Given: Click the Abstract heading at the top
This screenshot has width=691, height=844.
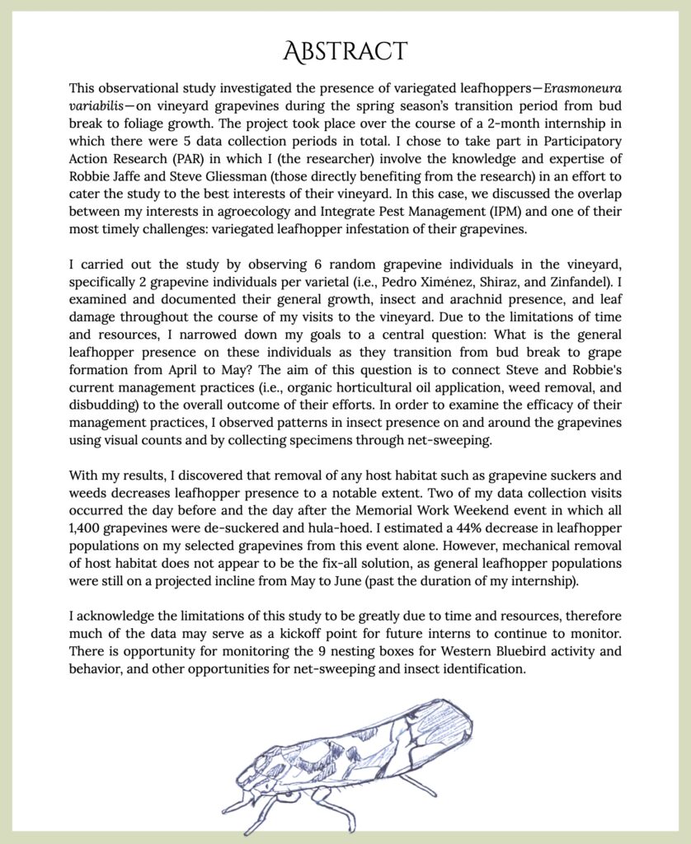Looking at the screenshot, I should (x=345, y=51).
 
